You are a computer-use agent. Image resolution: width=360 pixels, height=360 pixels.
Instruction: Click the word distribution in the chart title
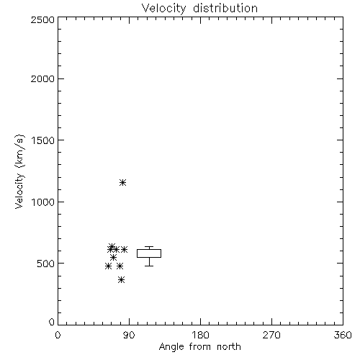coord(225,8)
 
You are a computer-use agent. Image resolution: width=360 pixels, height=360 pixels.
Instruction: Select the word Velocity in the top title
coord(164,9)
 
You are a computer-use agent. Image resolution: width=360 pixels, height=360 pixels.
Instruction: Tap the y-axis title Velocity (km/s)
coord(19,171)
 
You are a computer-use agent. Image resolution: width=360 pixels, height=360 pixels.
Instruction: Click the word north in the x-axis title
coord(229,346)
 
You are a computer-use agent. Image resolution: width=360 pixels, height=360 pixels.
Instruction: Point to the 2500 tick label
coord(42,19)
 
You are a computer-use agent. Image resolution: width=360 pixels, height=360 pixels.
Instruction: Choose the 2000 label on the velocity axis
coord(42,78)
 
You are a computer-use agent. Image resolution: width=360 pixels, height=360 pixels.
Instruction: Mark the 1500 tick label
coord(43,140)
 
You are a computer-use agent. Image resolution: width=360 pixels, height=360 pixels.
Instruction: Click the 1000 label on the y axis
coord(43,202)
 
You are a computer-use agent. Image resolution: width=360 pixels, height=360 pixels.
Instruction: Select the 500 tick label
coord(46,264)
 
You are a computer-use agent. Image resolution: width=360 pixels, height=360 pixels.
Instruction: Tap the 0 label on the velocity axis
coord(52,322)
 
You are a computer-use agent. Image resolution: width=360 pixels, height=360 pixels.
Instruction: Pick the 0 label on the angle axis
coord(58,335)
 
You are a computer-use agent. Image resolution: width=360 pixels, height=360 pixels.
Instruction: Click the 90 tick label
coord(129,335)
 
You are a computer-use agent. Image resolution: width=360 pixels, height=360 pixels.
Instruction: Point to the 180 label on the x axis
coord(200,335)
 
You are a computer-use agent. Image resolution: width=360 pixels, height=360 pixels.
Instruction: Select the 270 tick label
coord(271,335)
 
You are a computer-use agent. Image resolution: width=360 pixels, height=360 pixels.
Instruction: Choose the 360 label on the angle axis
coord(343,335)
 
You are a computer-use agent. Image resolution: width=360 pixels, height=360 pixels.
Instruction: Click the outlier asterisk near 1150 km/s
coord(122,183)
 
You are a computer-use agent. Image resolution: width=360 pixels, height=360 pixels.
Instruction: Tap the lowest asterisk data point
coord(122,279)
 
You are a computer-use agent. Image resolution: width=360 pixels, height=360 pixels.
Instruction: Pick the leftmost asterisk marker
coord(108,266)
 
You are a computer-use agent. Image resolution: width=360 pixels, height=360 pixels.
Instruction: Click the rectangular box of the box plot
coord(149,250)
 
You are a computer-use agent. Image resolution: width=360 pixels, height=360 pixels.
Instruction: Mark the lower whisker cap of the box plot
coord(149,266)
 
